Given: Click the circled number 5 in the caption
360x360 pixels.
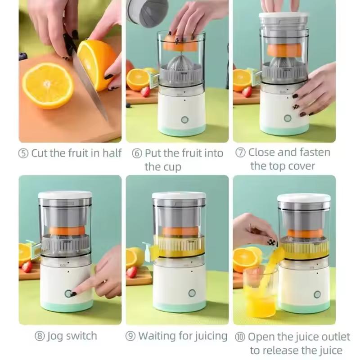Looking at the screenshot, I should click(24, 153).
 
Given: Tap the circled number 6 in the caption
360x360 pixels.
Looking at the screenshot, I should click(137, 153).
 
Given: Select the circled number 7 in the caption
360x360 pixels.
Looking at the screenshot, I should click(241, 153).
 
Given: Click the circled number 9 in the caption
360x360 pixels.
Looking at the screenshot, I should click(131, 336).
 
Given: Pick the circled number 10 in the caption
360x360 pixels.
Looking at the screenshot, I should click(240, 337).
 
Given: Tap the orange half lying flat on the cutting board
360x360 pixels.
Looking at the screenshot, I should click(48, 85).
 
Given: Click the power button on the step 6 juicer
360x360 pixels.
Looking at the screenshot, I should click(184, 120).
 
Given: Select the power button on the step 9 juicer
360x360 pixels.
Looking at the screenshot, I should click(192, 293).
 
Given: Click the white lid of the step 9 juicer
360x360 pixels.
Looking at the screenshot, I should click(179, 196).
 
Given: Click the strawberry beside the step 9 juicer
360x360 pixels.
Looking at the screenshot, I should click(132, 272).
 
